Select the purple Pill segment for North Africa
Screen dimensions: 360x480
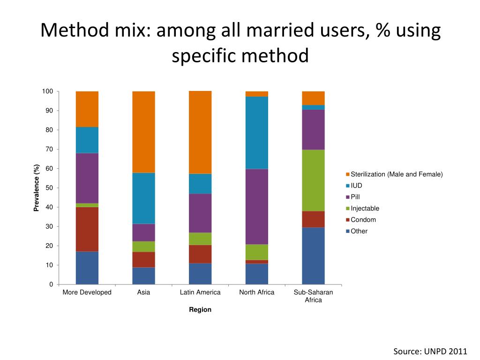[x=257, y=206]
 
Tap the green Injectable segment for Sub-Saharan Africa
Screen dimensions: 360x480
[x=313, y=180]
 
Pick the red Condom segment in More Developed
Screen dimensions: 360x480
[x=87, y=229]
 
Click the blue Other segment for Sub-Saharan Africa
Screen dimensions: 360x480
[x=313, y=255]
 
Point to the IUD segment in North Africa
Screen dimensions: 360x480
[x=257, y=133]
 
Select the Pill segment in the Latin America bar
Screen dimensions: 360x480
[x=200, y=213]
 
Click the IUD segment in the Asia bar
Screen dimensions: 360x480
[x=143, y=198]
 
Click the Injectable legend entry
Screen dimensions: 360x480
[x=365, y=209]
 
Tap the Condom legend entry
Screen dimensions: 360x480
[x=363, y=220]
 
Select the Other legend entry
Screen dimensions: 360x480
[x=359, y=231]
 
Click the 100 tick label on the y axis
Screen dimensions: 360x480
[x=47, y=91]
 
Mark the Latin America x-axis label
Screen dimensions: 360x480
[x=200, y=292]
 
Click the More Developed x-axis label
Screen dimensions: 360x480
[x=87, y=292]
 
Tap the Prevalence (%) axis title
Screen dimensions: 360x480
[x=36, y=187]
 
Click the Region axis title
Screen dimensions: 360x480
[x=200, y=310]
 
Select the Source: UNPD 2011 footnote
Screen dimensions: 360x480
[x=430, y=352]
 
